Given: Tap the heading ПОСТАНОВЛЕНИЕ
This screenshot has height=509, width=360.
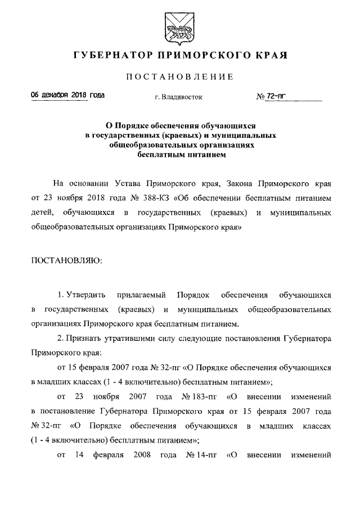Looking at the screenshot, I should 180,76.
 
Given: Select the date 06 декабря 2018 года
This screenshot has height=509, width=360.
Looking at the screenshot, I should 67,96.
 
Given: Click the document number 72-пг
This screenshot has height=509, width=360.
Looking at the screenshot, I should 274,96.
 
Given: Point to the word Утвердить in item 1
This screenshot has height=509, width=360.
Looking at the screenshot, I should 84,295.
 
